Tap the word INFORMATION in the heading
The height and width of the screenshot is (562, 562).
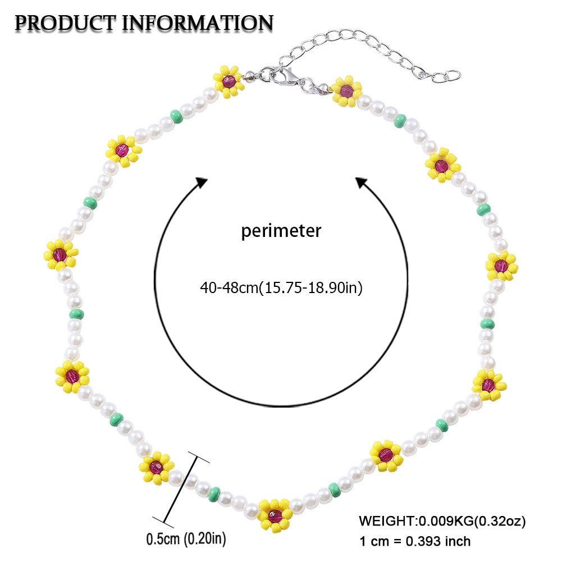click(x=197, y=23)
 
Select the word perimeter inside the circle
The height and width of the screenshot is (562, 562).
click(x=281, y=230)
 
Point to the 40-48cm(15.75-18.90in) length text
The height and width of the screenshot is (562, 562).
click(x=281, y=288)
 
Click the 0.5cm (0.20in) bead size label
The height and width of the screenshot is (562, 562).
click(x=186, y=540)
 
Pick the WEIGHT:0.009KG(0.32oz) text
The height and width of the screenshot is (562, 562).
click(x=442, y=521)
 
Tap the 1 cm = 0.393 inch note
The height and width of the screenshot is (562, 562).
click(x=415, y=541)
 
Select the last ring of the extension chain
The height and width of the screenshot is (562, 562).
click(x=452, y=76)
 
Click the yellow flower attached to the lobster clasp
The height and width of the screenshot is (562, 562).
click(x=229, y=81)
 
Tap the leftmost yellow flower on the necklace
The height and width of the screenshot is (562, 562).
click(x=61, y=254)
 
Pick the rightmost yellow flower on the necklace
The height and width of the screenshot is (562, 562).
click(x=501, y=266)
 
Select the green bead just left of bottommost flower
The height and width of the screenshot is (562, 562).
click(x=214, y=494)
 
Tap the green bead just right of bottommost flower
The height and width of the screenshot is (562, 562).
click(x=335, y=490)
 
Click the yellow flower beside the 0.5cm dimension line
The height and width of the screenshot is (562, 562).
click(x=157, y=468)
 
